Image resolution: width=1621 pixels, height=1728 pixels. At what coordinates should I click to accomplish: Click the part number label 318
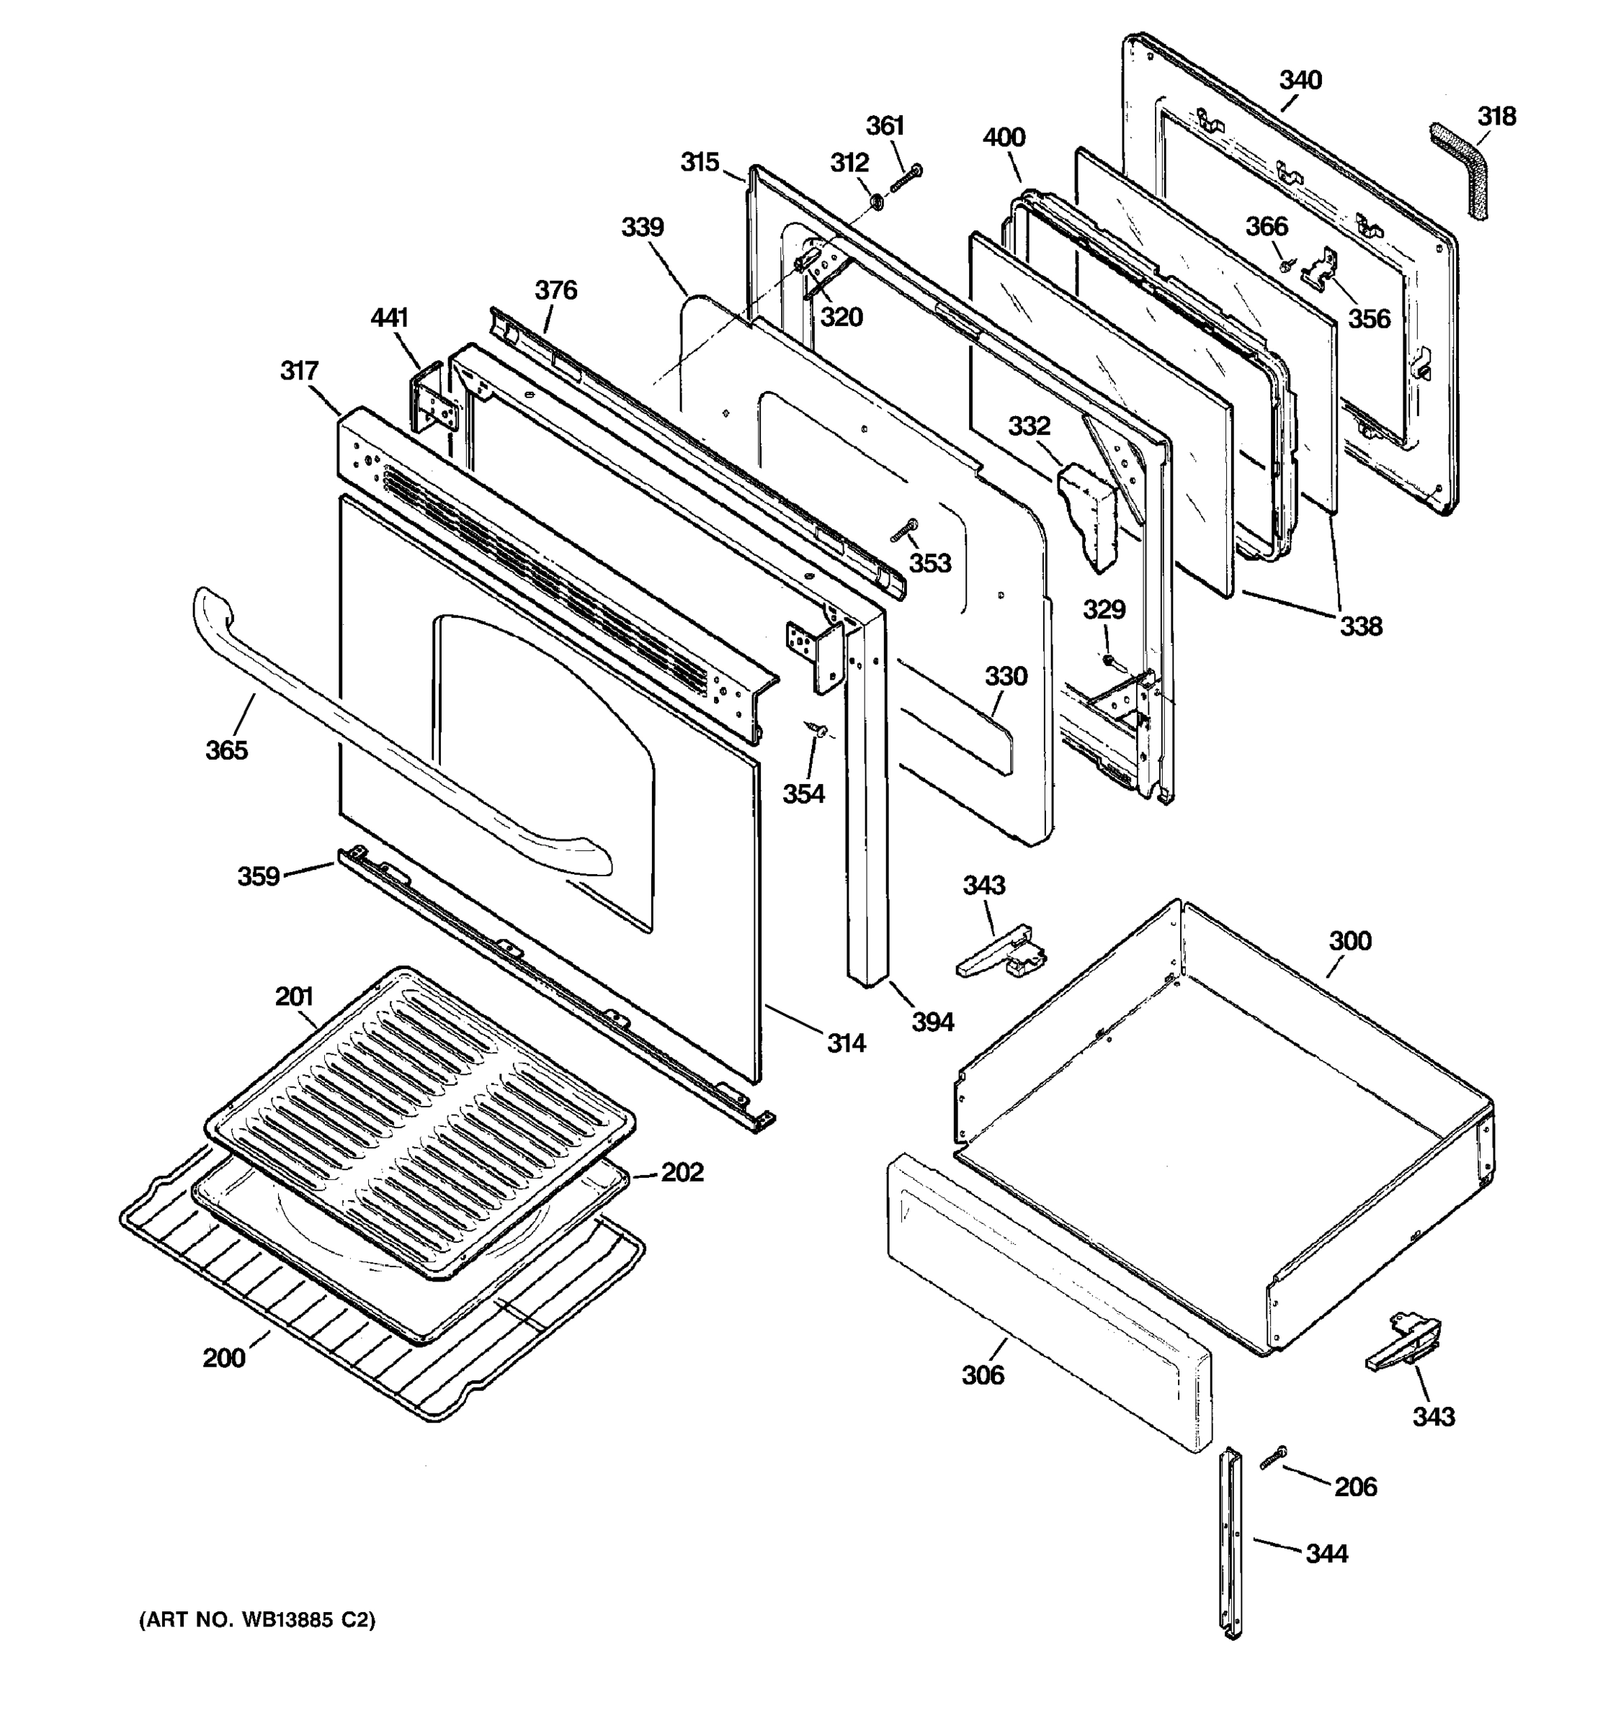pos(1496,116)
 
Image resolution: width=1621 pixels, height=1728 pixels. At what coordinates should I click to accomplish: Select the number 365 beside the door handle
pos(226,750)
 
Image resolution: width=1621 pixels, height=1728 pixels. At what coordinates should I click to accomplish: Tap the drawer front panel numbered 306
pos(1048,1301)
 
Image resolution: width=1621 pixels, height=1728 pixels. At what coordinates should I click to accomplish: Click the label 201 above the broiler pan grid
pos(294,996)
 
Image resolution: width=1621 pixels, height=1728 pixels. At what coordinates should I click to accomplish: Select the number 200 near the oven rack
pos(223,1357)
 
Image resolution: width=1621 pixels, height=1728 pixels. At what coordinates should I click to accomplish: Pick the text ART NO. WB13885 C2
pos(257,1619)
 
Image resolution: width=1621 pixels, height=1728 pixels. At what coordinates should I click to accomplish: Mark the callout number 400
pos(1004,138)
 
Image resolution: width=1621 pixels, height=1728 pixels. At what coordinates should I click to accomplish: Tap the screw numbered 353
pos(904,528)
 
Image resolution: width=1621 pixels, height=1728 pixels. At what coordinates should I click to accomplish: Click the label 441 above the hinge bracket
pos(389,318)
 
